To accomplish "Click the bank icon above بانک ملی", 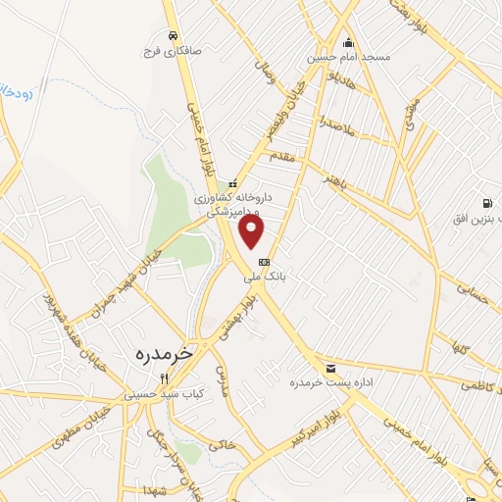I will click(x=263, y=263).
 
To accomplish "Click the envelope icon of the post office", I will click(x=329, y=368).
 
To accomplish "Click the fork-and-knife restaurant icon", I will click(x=165, y=378).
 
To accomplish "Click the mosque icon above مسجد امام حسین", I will click(x=347, y=42).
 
